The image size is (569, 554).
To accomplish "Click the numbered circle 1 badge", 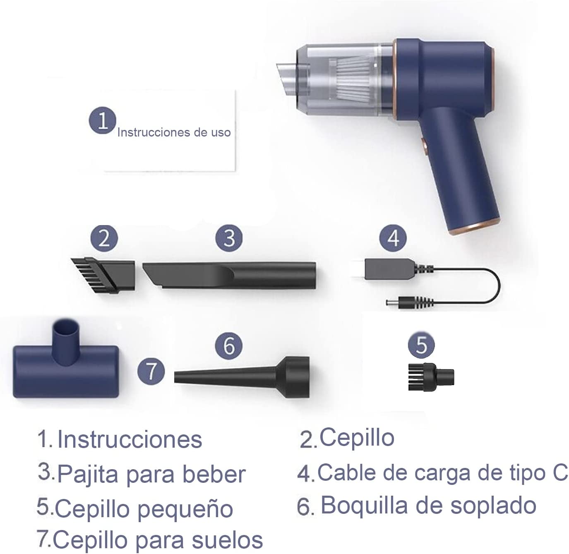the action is (x=102, y=120).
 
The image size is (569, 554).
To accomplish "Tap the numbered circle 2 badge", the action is (x=104, y=238).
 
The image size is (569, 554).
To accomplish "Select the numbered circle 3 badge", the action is (x=229, y=238).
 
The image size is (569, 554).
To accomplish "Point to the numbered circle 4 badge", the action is (x=393, y=238).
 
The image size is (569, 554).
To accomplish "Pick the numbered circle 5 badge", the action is (x=421, y=345).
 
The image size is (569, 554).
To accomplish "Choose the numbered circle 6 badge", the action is (x=229, y=346).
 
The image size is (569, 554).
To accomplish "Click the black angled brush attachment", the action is (x=103, y=275).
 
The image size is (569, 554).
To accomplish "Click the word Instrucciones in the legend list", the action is (x=130, y=439).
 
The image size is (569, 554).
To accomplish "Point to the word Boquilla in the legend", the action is (x=364, y=506).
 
